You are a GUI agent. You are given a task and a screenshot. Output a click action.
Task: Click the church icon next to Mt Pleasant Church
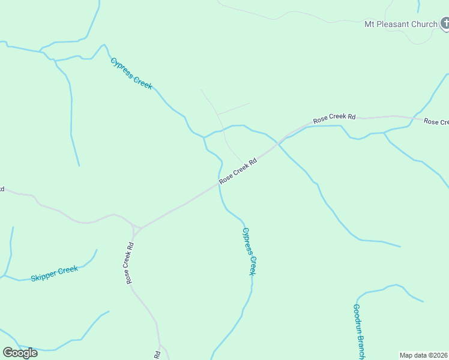point(445,24)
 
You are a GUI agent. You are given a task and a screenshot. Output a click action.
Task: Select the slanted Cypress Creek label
point(131,73)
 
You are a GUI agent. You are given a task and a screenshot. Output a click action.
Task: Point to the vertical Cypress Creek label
point(249,251)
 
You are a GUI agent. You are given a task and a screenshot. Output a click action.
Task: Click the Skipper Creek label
point(54,274)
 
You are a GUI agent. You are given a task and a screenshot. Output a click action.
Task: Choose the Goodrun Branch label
point(359,331)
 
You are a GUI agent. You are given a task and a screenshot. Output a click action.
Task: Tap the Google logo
point(20,352)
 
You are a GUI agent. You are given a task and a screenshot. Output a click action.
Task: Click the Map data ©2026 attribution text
point(424,355)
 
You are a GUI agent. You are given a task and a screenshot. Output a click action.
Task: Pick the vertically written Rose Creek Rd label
point(128,263)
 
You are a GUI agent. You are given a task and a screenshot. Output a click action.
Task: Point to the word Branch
point(361,346)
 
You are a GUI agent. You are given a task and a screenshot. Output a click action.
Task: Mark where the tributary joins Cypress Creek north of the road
point(204,137)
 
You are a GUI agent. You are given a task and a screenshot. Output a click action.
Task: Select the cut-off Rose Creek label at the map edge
point(436,122)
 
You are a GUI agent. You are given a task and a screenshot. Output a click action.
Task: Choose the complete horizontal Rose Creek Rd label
point(334,118)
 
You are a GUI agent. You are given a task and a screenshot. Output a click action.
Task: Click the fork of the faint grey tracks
point(217,114)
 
